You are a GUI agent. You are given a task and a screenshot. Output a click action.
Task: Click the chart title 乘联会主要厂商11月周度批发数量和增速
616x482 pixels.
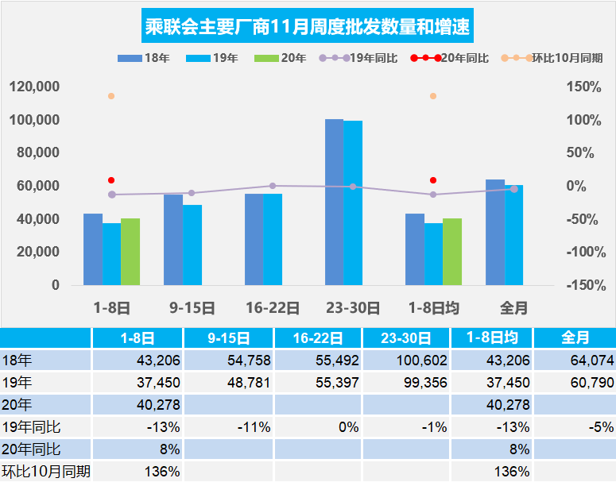tap(308, 28)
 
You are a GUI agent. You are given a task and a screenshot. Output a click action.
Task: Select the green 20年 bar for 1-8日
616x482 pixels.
tap(130, 252)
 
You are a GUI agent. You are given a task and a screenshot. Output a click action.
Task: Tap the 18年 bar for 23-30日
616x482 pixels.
tap(334, 202)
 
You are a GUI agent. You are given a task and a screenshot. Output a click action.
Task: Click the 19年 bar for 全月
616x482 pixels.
tap(514, 235)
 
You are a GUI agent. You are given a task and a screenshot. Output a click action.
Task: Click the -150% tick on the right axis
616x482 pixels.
tap(582, 285)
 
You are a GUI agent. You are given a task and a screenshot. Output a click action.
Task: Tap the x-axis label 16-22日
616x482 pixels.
tap(272, 307)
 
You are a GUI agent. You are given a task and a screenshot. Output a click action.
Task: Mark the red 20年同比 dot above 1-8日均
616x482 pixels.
tap(433, 180)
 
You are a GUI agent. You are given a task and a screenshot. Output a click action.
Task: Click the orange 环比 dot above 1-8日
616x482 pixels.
tap(111, 96)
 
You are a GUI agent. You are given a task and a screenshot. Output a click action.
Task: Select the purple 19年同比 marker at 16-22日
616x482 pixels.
tap(273, 186)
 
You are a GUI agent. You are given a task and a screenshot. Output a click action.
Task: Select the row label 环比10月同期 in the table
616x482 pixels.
tap(45, 471)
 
